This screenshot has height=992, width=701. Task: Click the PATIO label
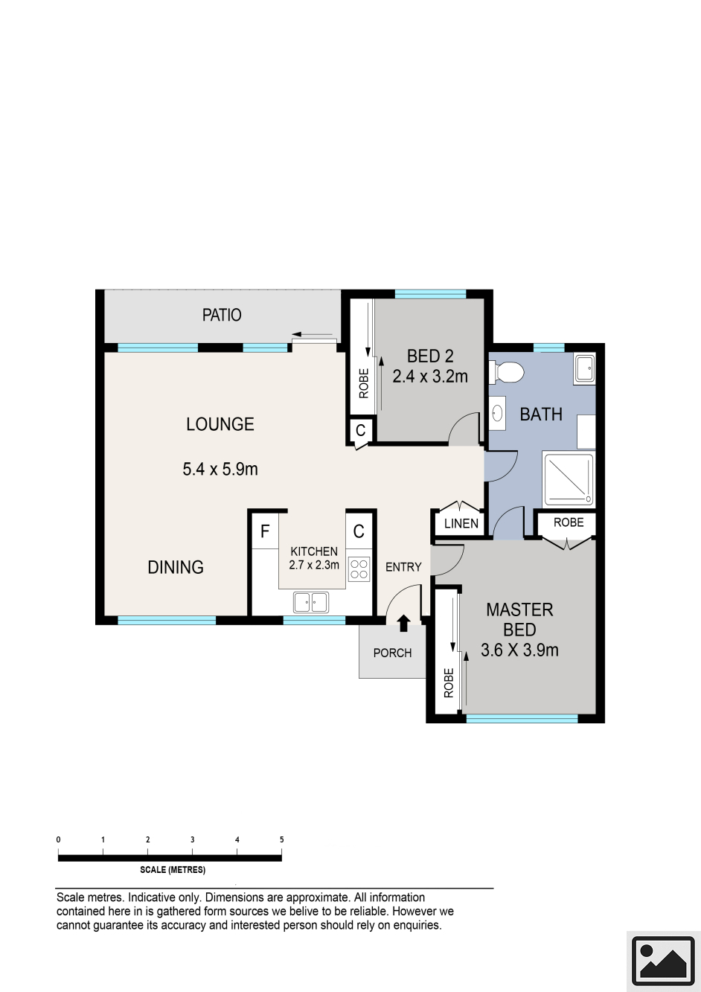point(222,315)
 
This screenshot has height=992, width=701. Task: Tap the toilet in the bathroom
point(506,372)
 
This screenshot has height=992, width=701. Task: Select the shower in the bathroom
point(569,479)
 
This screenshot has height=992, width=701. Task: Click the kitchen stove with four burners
point(358,569)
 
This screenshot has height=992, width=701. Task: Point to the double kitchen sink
point(311,602)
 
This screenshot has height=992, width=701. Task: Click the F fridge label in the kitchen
point(265,531)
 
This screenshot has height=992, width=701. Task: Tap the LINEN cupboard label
point(461,523)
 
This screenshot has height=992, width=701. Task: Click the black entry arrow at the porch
point(403,623)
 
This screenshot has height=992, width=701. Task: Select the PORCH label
point(392,653)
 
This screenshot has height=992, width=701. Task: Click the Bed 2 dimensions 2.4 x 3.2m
point(430,377)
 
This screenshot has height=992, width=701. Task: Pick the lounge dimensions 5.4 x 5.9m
point(220,469)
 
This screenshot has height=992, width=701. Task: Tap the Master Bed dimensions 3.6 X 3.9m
point(519,650)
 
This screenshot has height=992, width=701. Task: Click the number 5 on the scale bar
point(281,839)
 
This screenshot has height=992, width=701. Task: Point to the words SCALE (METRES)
point(173,870)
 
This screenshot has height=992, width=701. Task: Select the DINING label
point(176,567)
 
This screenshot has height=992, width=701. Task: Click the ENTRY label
point(403,567)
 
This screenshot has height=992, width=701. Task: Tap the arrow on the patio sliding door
point(312,334)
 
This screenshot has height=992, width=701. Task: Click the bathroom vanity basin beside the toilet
point(498,414)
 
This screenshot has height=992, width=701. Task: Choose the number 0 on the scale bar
point(59,839)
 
